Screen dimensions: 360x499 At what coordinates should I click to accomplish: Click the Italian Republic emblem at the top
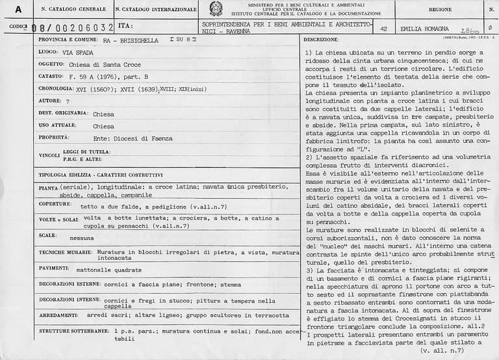(x=214, y=9)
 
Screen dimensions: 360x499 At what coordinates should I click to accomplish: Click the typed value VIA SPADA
(x=82, y=54)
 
